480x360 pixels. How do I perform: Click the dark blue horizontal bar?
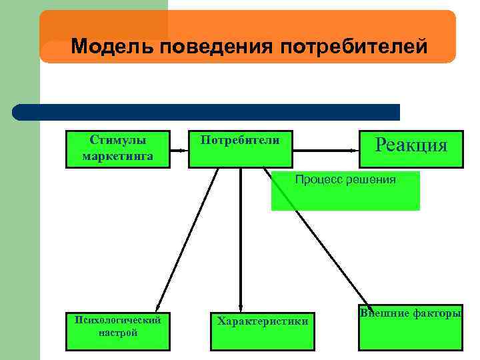click(207, 112)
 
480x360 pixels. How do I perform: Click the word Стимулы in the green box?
click(118, 141)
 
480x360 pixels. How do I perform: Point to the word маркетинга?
click(118, 156)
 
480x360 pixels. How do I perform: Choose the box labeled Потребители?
click(240, 149)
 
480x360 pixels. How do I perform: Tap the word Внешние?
click(377, 313)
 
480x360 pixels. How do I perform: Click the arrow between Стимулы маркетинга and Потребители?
click(179, 151)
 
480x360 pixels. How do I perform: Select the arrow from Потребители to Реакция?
click(325, 151)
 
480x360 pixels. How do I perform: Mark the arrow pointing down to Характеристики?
click(240, 240)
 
